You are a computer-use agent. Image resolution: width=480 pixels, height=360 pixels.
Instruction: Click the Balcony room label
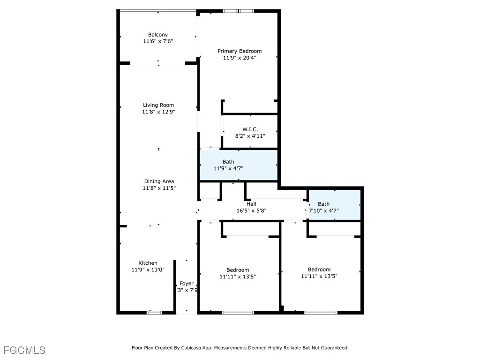[157, 35]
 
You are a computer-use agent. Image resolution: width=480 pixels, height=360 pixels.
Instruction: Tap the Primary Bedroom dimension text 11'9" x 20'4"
[239, 58]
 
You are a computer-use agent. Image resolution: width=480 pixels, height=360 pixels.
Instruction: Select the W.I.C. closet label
[250, 129]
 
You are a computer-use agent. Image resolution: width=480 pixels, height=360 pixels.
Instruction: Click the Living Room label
[158, 105]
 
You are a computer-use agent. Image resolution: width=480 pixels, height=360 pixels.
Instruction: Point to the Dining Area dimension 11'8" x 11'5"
[159, 188]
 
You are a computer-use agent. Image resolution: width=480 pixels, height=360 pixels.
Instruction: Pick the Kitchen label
[148, 263]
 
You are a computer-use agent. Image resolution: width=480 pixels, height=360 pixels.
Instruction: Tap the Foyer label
[187, 284]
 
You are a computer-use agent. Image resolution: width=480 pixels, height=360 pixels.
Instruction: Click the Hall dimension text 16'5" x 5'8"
[251, 211]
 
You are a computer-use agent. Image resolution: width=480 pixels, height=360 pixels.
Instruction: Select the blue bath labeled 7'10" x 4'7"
[334, 204]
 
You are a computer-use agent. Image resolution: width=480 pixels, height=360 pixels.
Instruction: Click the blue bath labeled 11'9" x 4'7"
[238, 165]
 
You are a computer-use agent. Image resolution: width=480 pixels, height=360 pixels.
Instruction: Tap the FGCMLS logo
[24, 350]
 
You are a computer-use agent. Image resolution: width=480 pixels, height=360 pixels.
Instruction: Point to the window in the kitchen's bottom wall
[154, 312]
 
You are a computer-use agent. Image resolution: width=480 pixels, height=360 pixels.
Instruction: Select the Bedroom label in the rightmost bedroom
[319, 270]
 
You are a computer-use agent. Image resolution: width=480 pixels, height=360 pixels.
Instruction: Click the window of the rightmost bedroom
[320, 312]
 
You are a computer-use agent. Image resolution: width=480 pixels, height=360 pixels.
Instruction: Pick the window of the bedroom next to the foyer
[238, 312]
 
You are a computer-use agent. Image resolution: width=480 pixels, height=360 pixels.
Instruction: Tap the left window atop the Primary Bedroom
[229, 11]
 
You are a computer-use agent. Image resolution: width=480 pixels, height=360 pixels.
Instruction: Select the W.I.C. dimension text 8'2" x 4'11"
[250, 136]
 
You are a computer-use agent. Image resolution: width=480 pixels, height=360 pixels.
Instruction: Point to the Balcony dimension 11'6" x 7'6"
[157, 41]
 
